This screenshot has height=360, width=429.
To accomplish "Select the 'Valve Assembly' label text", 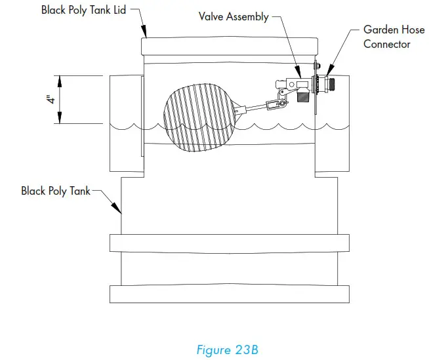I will pyautogui.click(x=234, y=16).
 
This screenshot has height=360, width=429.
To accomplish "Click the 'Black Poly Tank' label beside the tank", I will pyautogui.click(x=56, y=191).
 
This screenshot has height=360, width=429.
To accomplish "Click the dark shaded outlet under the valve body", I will pyautogui.click(x=302, y=96).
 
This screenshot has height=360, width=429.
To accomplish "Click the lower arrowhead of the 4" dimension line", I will pyautogui.click(x=60, y=120).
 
